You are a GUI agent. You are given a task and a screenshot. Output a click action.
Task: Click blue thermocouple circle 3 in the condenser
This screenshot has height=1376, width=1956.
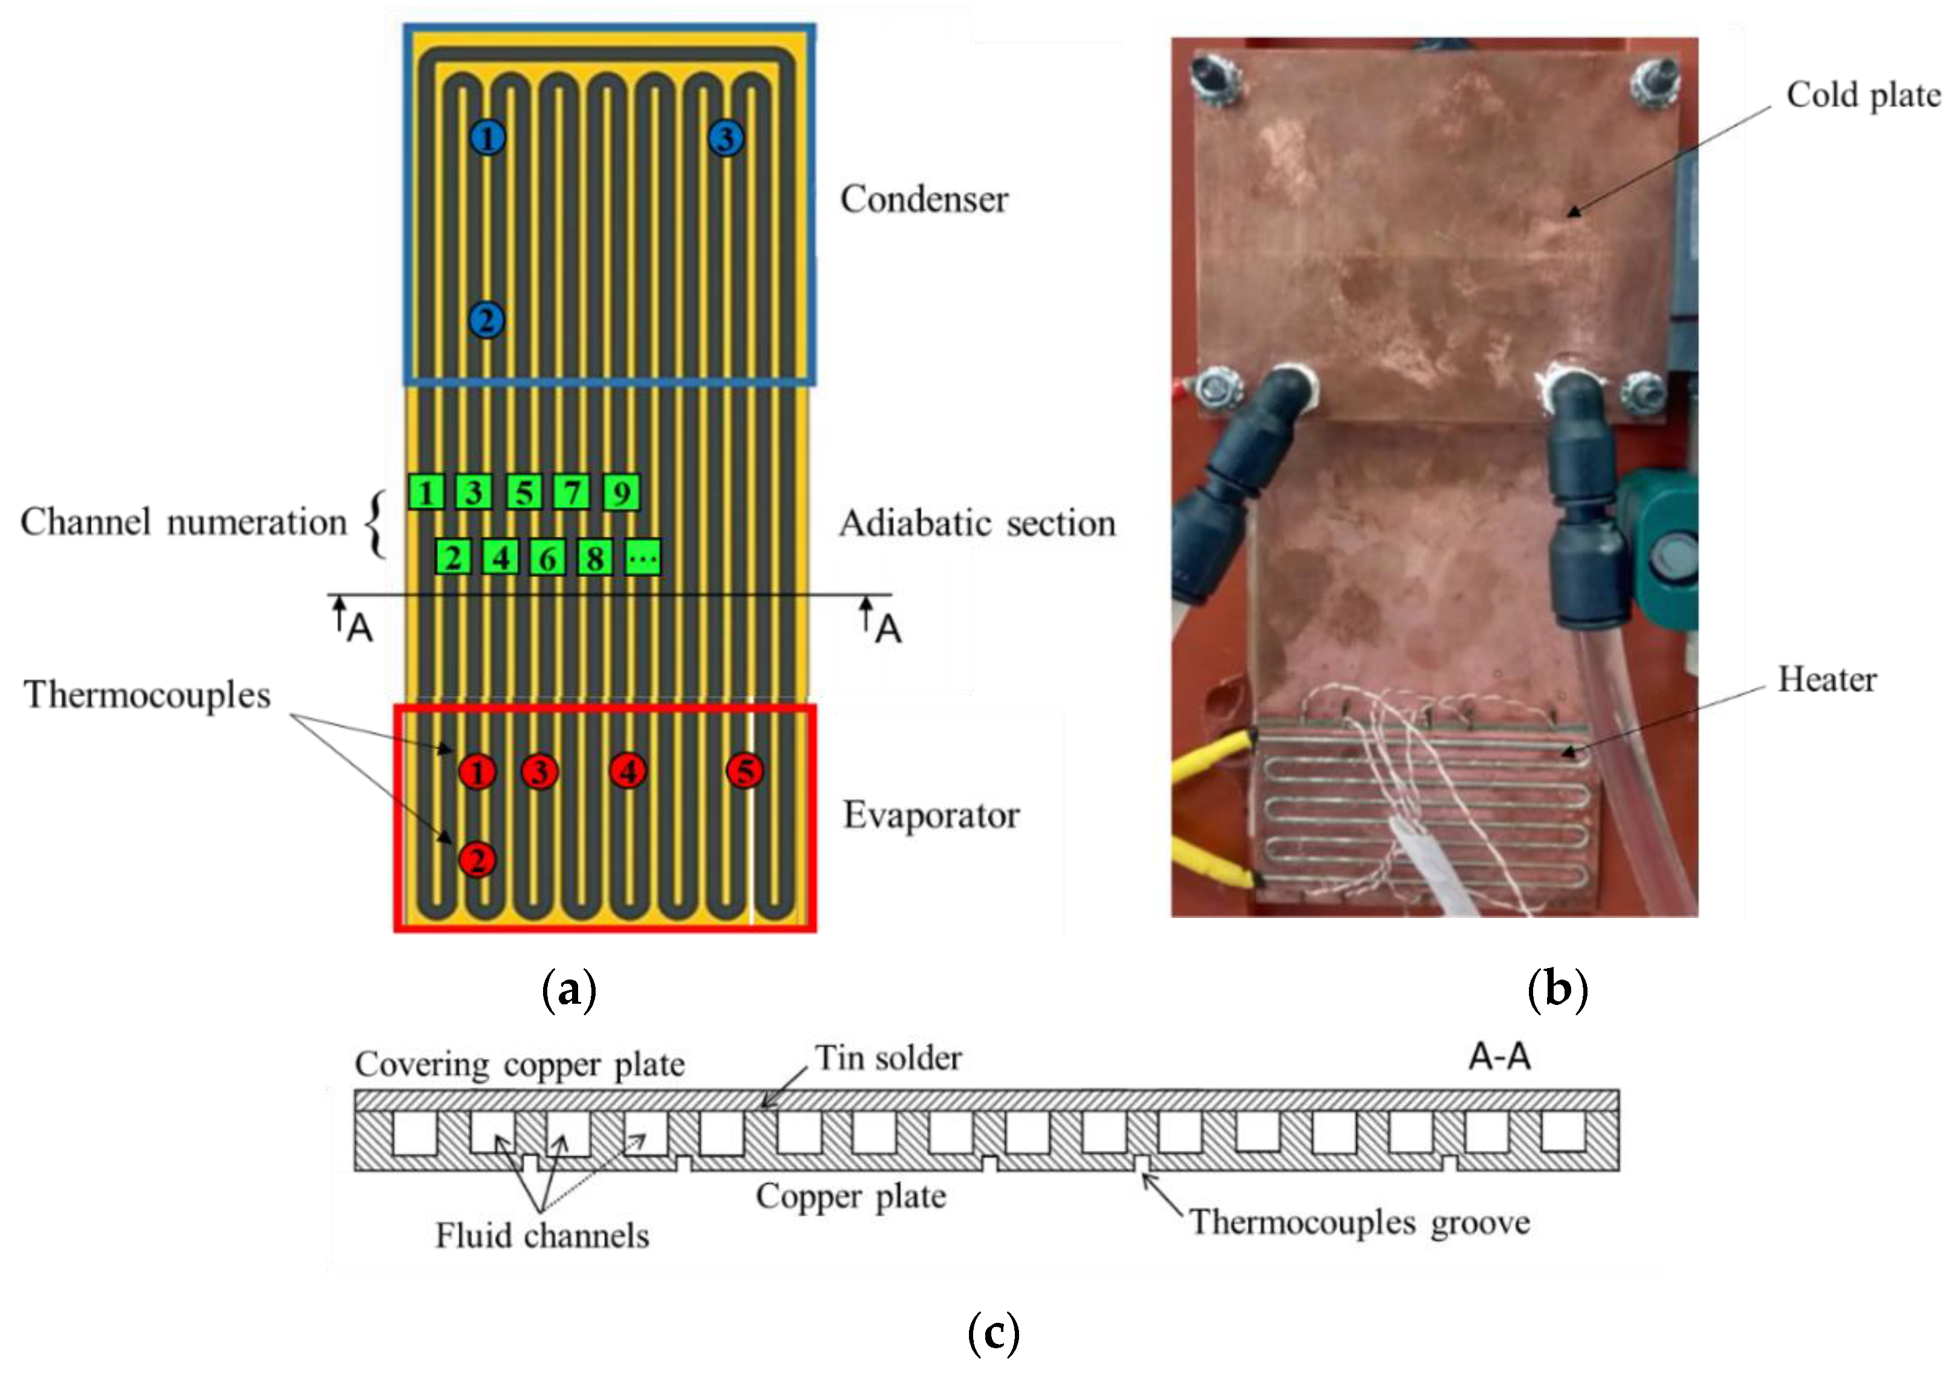(x=726, y=138)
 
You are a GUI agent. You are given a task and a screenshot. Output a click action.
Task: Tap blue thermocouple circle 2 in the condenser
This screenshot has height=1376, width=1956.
(x=486, y=320)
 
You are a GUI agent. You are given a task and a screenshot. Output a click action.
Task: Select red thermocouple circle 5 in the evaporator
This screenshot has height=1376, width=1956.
(x=745, y=770)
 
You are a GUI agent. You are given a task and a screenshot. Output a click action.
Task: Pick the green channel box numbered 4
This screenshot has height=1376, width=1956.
(x=500, y=558)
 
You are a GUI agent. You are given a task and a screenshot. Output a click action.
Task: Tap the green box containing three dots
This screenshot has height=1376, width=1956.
(x=642, y=558)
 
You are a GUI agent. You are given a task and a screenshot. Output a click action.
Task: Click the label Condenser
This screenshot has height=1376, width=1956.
(x=924, y=199)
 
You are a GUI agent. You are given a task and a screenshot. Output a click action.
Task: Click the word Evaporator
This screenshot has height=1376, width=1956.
(x=930, y=815)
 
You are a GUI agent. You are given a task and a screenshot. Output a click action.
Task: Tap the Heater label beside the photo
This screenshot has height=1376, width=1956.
(x=1827, y=680)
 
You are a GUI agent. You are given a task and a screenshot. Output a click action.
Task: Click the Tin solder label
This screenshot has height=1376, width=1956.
(x=889, y=1058)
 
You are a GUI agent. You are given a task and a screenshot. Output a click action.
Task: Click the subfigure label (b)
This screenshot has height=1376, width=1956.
(x=1557, y=990)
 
